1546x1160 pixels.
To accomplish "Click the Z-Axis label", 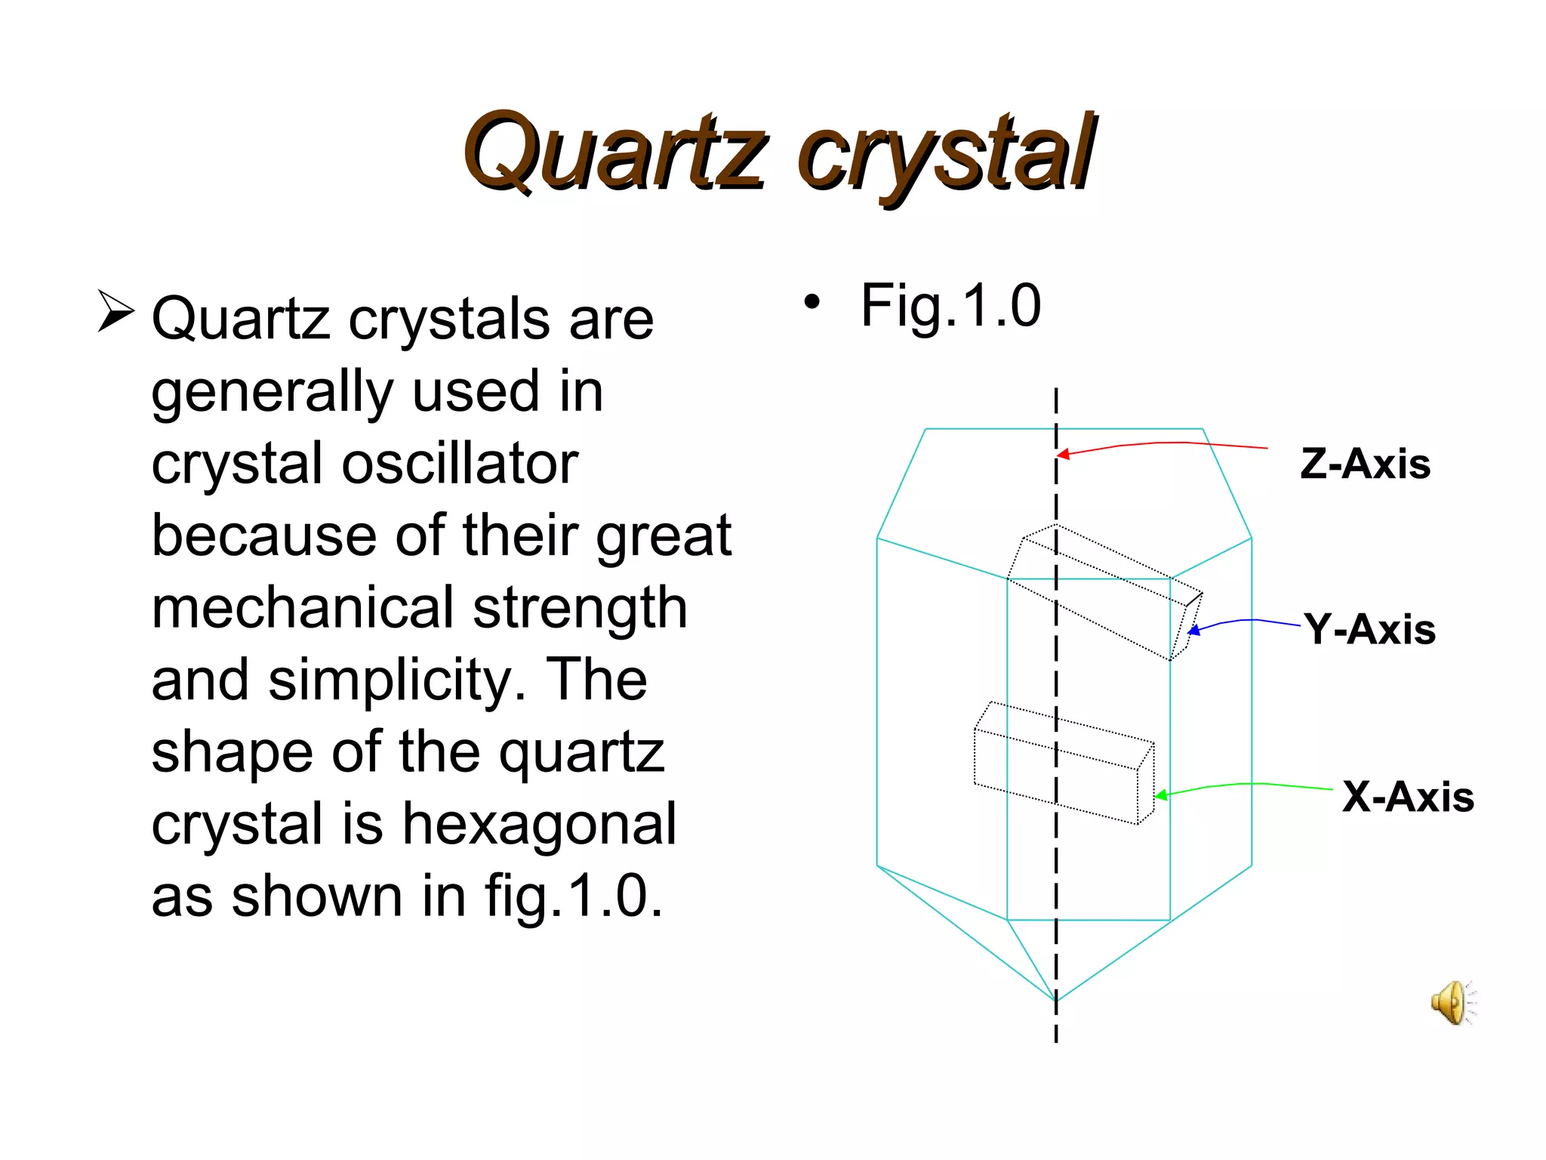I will [1365, 464].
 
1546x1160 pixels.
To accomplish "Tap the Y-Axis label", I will [1370, 629].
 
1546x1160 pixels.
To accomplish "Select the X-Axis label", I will [1408, 797].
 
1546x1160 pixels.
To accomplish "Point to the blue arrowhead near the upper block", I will [1193, 630].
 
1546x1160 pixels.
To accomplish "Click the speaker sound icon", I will [1452, 1003].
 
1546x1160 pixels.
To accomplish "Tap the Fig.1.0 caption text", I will [950, 306].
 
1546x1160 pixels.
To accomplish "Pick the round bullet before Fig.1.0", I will [811, 302].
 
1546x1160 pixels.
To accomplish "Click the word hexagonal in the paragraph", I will [539, 823].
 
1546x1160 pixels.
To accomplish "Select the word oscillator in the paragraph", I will [460, 463].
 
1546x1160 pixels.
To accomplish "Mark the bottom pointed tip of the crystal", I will [1056, 1001].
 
